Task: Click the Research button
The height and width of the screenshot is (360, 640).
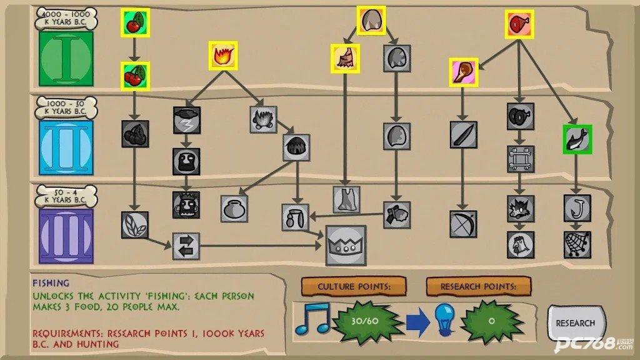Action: coord(576,323)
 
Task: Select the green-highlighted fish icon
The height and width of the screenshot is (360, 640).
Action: coord(577,139)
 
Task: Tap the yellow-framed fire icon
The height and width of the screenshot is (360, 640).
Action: coord(223,56)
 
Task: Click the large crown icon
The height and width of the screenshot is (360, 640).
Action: coord(346,245)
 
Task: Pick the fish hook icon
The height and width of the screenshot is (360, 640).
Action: coord(577,208)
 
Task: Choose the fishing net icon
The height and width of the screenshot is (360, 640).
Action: coord(577,244)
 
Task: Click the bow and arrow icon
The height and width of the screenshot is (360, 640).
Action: coord(463,224)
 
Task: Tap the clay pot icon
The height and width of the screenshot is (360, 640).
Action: coord(234,209)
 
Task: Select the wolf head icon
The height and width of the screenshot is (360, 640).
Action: coord(521,209)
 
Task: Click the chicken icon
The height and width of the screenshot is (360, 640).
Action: coord(521,245)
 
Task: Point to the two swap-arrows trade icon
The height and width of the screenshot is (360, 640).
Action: coord(186,246)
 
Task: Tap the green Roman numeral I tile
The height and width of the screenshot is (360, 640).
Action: coord(66,59)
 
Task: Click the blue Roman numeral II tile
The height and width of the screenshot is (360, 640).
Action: coord(66,147)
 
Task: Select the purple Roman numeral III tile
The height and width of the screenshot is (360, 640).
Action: coord(66,236)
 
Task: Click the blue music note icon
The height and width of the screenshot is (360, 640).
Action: coord(312,319)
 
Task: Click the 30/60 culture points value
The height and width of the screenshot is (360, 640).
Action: coord(365,321)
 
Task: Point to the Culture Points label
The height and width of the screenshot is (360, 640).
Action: coord(354,286)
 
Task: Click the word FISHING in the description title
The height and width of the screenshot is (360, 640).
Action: coord(51,283)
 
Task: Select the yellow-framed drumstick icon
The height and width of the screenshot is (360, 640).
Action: coord(464,72)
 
